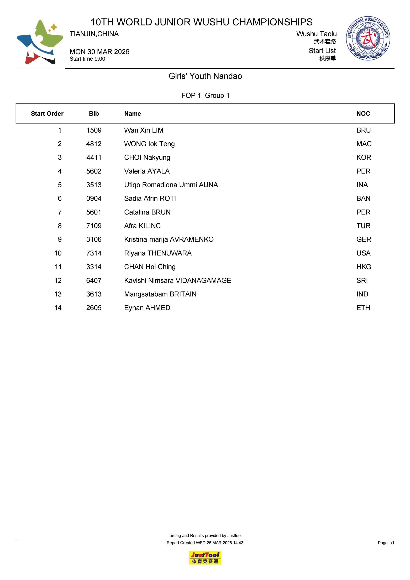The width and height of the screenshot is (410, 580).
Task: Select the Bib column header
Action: pos(94,114)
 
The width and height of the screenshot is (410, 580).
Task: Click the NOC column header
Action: pos(363,114)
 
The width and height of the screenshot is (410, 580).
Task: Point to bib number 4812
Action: pos(94,144)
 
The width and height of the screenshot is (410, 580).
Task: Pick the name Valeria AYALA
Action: pos(147,171)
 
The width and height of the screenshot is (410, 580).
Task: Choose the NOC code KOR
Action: pos(364,158)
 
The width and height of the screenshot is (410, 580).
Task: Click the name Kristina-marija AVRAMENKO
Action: pos(169,239)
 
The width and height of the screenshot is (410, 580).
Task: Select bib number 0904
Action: pos(94,198)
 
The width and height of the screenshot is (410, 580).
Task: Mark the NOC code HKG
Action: pos(364,267)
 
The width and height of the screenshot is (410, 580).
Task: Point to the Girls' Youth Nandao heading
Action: pos(205,76)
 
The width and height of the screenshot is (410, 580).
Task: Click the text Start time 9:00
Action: pos(87,59)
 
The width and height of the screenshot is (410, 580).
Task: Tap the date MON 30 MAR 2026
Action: pos(99,52)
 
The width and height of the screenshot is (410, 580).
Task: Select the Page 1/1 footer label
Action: pos(386,543)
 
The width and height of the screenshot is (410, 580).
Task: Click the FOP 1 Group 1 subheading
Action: pos(205,96)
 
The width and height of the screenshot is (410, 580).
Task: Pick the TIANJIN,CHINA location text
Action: pos(94,34)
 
